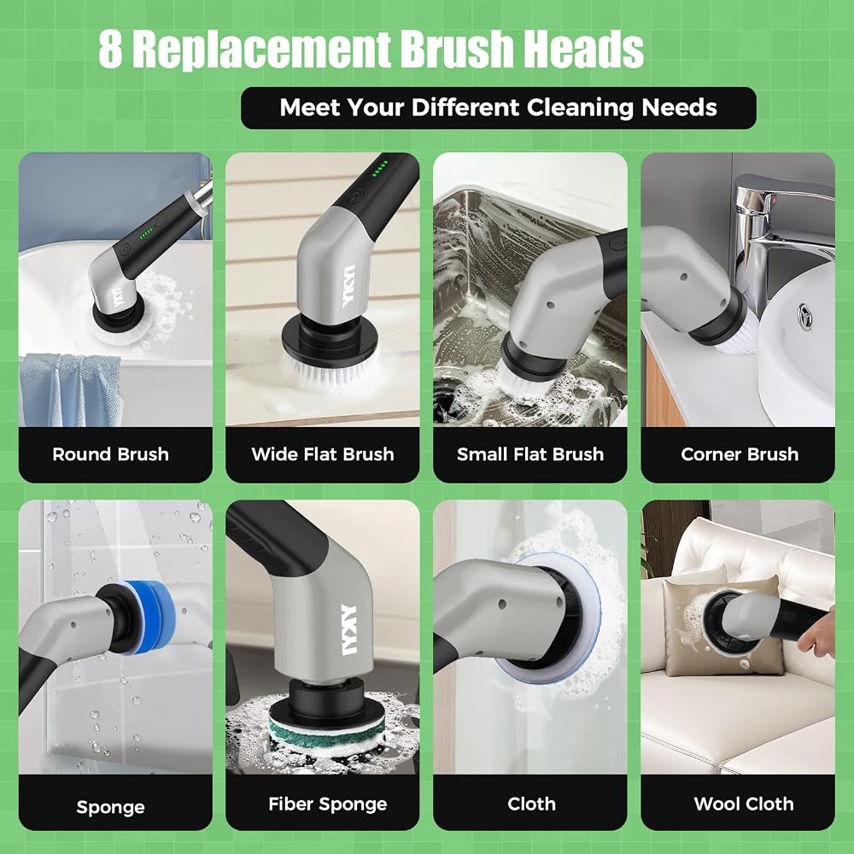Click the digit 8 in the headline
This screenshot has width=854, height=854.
pyautogui.click(x=110, y=49)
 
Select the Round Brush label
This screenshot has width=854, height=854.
pyautogui.click(x=110, y=454)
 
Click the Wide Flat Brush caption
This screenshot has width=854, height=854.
pyautogui.click(x=323, y=454)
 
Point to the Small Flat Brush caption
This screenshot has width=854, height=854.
pyautogui.click(x=530, y=454)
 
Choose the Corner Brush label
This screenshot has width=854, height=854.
pyautogui.click(x=739, y=454)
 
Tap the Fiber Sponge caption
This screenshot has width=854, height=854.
pyautogui.click(x=327, y=804)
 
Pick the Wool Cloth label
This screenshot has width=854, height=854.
pyautogui.click(x=744, y=804)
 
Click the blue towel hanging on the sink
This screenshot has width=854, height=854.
pyautogui.click(x=71, y=389)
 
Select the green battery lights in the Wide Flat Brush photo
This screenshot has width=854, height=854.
pyautogui.click(x=380, y=169)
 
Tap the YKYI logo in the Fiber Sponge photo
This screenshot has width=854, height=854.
pyautogui.click(x=348, y=629)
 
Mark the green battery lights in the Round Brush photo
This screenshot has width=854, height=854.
pyautogui.click(x=146, y=235)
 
